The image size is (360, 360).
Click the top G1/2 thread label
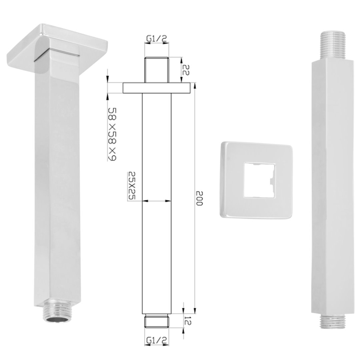(157, 39)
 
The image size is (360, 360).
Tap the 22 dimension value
(186, 70)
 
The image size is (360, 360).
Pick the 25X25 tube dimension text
(132, 185)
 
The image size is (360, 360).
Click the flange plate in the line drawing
(157, 88)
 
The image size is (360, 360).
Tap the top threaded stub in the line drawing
(157, 70)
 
